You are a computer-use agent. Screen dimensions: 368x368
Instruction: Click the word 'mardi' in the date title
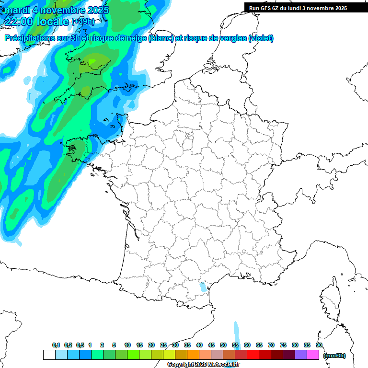point(16,10)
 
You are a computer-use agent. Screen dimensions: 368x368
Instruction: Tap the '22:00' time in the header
point(20,22)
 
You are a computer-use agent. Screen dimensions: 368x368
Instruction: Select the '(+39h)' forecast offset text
point(83,22)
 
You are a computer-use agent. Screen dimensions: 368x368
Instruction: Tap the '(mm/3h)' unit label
point(334,355)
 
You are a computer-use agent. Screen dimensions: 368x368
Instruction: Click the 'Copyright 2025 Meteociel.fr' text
point(203,365)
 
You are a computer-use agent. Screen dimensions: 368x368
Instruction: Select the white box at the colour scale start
point(49,355)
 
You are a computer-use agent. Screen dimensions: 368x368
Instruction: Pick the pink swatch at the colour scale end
point(313,355)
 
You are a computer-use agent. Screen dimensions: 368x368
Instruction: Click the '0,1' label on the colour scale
point(56,345)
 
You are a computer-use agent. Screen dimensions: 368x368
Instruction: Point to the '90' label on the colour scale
point(319,345)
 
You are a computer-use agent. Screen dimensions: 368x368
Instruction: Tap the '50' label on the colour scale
point(223,345)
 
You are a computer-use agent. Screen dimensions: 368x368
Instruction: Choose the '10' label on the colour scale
point(127,345)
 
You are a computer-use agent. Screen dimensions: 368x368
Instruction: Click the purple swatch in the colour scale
point(301,355)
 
